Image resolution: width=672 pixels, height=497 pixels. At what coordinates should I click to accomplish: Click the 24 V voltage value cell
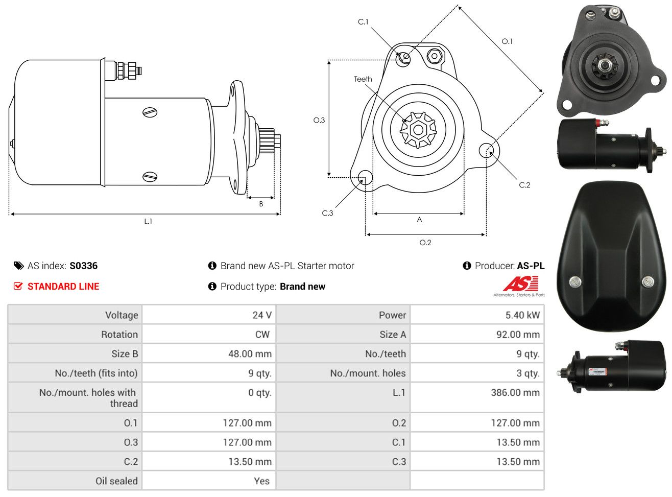(262, 315)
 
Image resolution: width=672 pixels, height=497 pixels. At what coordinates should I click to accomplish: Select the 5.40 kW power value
(522, 315)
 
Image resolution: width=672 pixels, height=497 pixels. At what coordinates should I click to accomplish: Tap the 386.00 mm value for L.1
(515, 392)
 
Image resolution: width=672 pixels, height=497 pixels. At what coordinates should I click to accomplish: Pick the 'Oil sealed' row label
(116, 481)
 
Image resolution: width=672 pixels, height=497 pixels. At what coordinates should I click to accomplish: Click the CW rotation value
(262, 334)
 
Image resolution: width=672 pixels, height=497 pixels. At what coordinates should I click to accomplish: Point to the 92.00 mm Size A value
(518, 334)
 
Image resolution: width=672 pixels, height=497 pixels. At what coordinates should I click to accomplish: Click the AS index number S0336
(84, 266)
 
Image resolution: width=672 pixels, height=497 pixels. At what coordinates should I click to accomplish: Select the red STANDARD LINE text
(63, 287)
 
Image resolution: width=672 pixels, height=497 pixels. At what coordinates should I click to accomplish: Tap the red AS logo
(520, 283)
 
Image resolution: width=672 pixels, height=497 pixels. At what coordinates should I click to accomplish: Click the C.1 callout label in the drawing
(363, 22)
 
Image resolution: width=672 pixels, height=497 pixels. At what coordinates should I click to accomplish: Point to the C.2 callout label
(524, 185)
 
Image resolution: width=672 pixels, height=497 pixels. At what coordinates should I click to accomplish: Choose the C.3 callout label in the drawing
(327, 213)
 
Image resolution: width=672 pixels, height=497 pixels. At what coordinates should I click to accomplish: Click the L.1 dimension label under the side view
(148, 222)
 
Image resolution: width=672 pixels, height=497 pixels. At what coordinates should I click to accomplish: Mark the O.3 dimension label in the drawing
(319, 121)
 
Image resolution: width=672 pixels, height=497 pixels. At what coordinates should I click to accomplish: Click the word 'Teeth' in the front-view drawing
(363, 79)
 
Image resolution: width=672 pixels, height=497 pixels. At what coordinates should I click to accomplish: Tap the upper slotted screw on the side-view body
(150, 112)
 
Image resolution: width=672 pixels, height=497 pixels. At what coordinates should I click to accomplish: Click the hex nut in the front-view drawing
(435, 56)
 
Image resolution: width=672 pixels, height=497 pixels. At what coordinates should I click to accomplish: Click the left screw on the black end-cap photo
(575, 282)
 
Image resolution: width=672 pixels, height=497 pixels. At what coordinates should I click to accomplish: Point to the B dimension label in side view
(261, 204)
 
